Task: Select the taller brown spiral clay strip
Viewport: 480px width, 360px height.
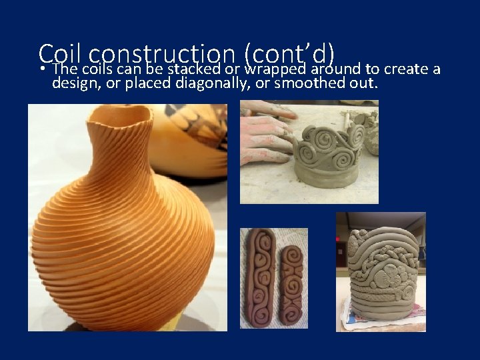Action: [x=259, y=273]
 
